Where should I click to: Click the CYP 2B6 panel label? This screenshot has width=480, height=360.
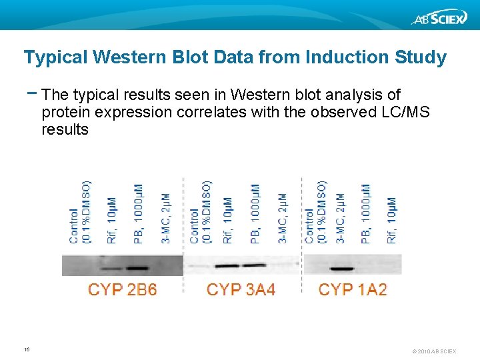[123, 289]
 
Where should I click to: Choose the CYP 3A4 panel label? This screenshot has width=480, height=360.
[241, 289]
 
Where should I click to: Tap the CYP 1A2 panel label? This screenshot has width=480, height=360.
[353, 289]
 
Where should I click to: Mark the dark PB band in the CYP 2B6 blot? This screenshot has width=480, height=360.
[137, 269]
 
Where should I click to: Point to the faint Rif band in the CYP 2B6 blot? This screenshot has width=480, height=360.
[112, 269]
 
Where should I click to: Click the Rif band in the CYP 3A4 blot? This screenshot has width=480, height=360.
[227, 266]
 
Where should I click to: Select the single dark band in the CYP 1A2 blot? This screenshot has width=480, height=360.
[341, 269]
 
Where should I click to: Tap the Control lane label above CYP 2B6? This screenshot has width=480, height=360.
[79, 213]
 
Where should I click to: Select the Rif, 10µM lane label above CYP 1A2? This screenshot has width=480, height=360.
[391, 219]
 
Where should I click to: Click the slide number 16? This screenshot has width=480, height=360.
[27, 349]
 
